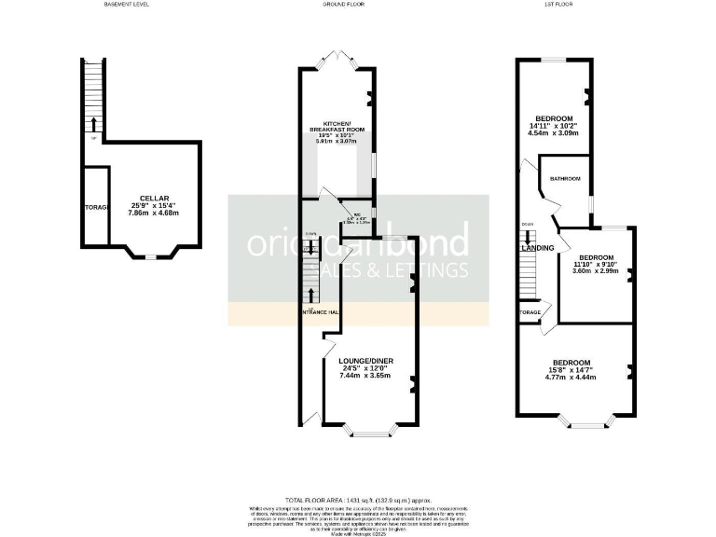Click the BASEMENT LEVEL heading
(126, 4)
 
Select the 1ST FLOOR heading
(558, 4)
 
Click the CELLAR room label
(154, 198)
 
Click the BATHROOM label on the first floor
(565, 178)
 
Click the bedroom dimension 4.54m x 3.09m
(554, 133)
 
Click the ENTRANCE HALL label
(318, 312)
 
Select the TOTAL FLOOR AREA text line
(357, 501)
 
